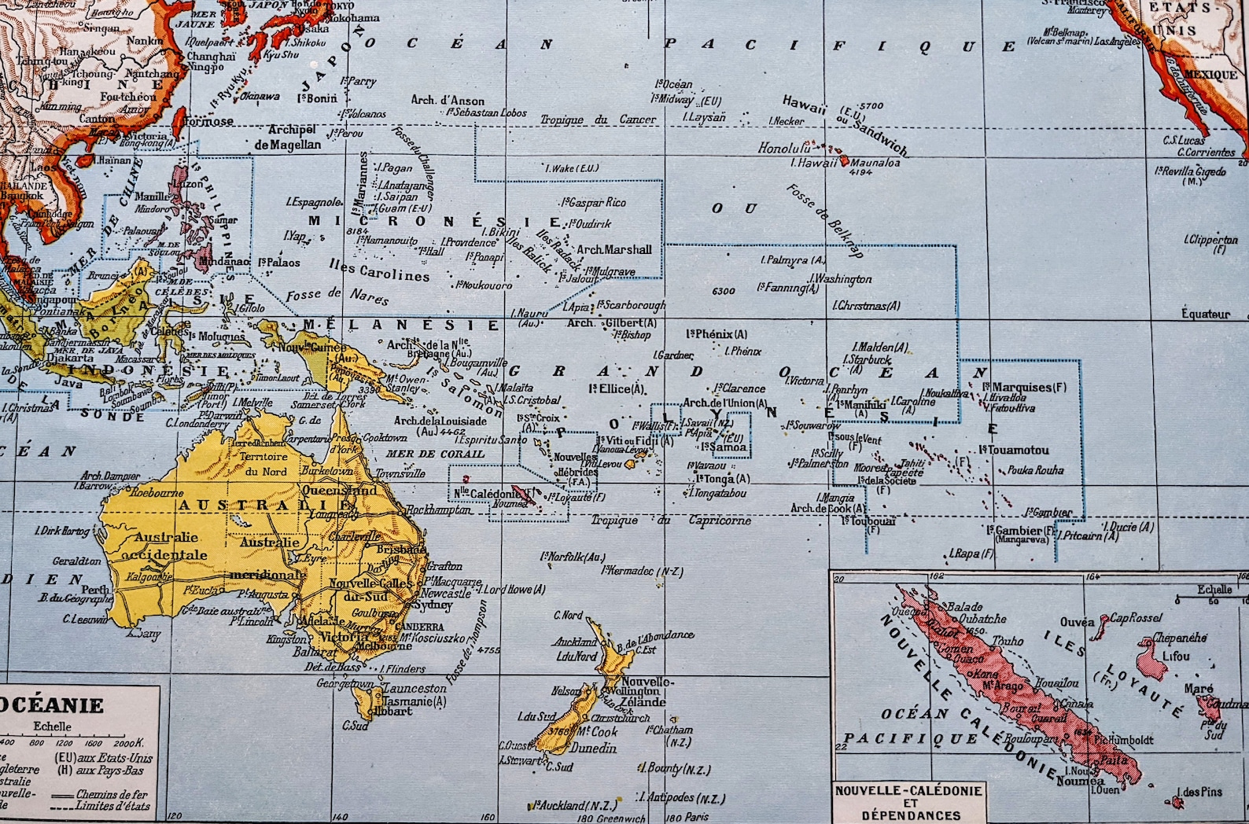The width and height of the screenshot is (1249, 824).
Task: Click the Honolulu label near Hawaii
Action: [783, 148]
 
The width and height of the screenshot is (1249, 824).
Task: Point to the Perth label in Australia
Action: [96, 590]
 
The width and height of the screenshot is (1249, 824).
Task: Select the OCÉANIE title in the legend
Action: [52, 704]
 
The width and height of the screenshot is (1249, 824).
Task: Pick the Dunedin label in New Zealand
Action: [593, 748]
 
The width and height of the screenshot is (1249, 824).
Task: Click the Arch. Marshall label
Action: [614, 249]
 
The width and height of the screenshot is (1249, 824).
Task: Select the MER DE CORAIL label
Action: [435, 454]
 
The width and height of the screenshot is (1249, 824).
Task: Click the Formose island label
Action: [208, 122]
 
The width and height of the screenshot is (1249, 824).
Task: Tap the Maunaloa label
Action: [875, 163]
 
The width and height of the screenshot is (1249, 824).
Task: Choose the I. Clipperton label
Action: [1210, 241]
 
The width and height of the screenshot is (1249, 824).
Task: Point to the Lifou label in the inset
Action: [1175, 656]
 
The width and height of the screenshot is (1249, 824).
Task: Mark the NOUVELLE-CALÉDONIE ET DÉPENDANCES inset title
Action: [908, 803]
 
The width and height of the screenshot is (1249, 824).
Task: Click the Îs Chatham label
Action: [669, 730]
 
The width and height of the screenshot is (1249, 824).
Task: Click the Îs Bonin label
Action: [318, 98]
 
